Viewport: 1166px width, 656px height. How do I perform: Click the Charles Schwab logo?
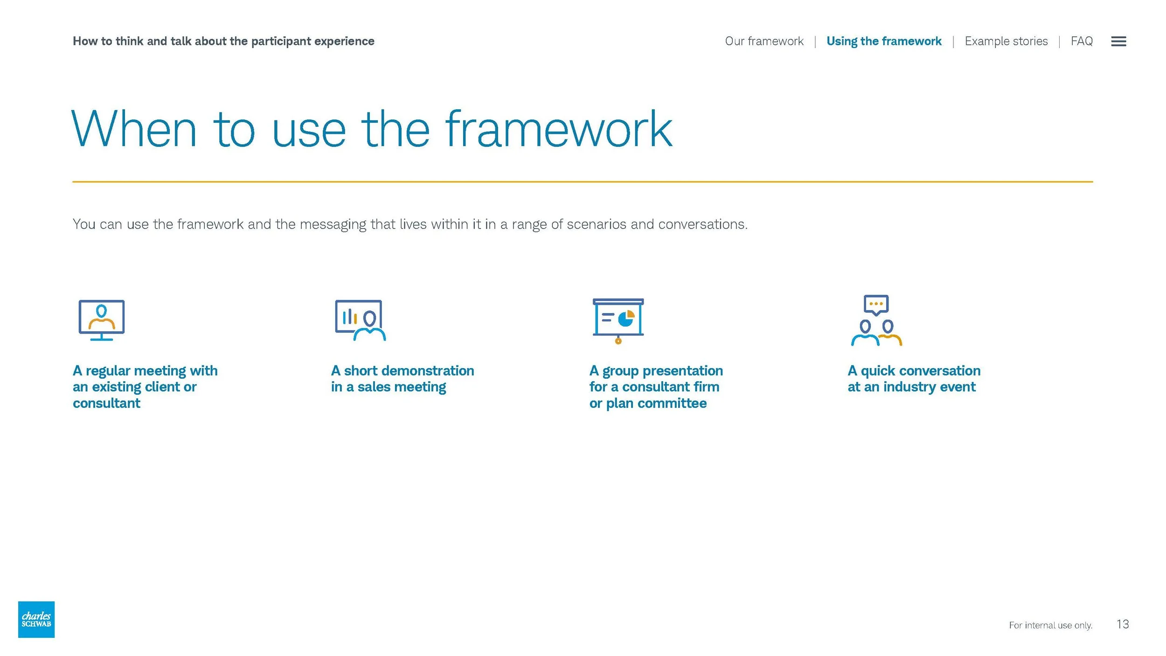click(x=36, y=619)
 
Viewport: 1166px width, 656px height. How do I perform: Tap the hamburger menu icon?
click(x=1118, y=42)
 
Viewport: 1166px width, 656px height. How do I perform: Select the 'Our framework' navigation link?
click(x=764, y=41)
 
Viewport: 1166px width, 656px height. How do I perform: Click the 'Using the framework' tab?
click(x=884, y=41)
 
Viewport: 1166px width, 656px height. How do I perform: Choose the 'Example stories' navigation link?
click(x=1006, y=41)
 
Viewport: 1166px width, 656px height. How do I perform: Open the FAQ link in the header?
click(x=1082, y=41)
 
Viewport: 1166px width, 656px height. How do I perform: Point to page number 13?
click(x=1123, y=624)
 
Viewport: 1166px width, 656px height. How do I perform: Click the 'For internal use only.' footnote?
click(x=1050, y=625)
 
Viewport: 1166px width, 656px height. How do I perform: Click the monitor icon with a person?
click(x=102, y=320)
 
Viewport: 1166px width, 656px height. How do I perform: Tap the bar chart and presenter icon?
click(x=360, y=320)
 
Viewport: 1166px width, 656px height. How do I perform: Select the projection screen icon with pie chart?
click(x=618, y=321)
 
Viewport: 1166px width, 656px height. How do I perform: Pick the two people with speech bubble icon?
click(x=876, y=321)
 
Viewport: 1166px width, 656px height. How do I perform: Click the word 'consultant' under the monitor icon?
click(x=106, y=403)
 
